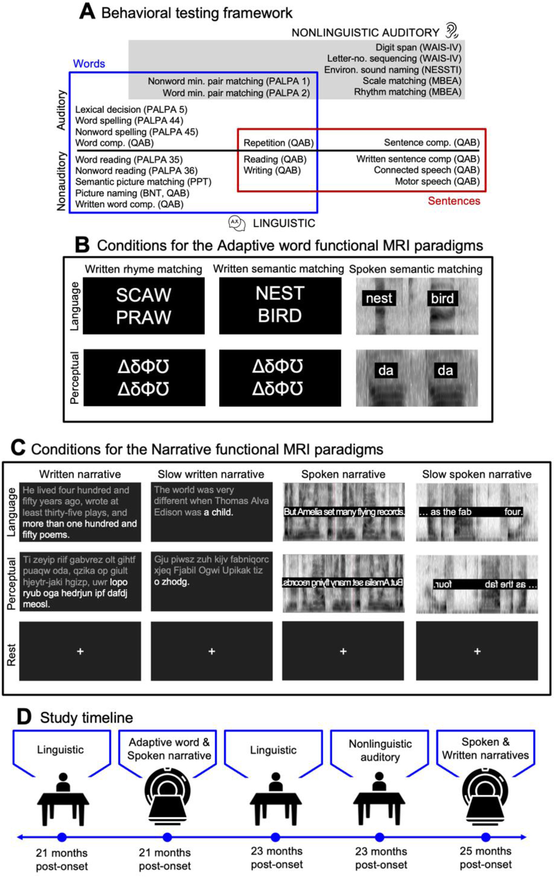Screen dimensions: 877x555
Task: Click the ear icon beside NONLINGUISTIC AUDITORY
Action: click(452, 31)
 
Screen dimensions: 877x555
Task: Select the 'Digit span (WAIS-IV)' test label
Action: click(418, 47)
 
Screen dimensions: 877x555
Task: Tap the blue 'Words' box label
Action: click(89, 64)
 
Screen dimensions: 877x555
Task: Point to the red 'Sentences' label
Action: click(454, 201)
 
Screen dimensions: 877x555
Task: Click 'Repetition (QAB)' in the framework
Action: click(278, 143)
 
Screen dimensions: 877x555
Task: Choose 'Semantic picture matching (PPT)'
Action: click(143, 182)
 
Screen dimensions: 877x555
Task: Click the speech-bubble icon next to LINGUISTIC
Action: click(236, 223)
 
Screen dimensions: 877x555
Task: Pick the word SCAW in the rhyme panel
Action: click(143, 295)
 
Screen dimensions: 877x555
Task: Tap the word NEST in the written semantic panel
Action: click(280, 294)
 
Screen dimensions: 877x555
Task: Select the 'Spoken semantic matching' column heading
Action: click(415, 269)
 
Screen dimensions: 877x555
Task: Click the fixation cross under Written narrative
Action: click(80, 651)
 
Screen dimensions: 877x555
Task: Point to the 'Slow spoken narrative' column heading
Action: click(477, 474)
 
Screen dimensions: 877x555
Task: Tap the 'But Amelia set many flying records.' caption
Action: click(343, 512)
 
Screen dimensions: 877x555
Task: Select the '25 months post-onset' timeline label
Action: click(485, 858)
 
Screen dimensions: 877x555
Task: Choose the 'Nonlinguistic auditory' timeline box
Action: click(380, 751)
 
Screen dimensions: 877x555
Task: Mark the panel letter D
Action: click(24, 717)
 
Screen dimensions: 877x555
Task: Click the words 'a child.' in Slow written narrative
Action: click(218, 512)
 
